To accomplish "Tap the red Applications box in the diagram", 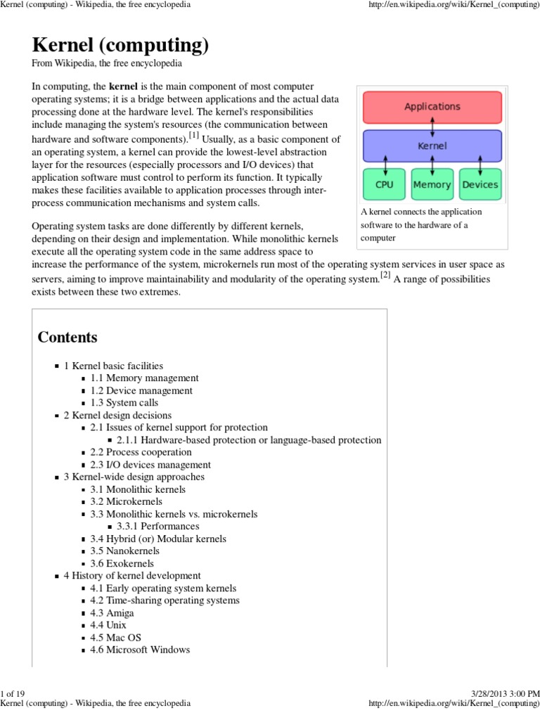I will [x=432, y=107].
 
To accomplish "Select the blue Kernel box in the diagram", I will [x=432, y=146].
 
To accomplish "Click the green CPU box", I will [x=384, y=184].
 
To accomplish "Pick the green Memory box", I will [x=432, y=184].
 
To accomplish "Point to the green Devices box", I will [x=480, y=184].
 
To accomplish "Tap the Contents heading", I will [x=67, y=337].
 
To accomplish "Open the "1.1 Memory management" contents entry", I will [x=144, y=378].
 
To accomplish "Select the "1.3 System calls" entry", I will [x=124, y=403].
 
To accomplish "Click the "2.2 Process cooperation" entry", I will [x=141, y=452].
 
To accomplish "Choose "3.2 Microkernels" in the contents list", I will [x=126, y=501].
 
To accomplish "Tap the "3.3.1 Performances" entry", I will [x=158, y=526].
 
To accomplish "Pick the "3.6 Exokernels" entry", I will [x=122, y=563].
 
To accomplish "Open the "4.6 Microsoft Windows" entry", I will [x=140, y=650].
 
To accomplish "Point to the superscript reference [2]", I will [x=385, y=275].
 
